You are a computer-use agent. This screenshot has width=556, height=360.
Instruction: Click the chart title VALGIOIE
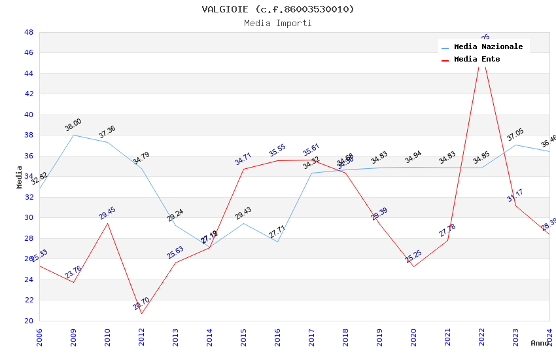(278, 9)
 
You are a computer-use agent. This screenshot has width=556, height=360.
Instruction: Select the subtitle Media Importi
(278, 24)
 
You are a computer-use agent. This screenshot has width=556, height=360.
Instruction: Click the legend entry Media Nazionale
(488, 47)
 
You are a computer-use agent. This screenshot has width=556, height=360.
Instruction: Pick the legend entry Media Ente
(477, 60)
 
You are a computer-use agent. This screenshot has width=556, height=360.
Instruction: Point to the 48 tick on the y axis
(29, 32)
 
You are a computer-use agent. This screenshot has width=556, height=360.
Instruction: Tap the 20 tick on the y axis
(29, 321)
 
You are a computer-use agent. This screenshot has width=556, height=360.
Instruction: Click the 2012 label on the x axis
(142, 336)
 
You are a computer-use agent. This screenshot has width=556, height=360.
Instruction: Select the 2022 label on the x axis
(482, 336)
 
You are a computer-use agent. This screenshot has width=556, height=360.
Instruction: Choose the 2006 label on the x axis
(40, 336)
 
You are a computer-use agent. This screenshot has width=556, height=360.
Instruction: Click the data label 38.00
(73, 125)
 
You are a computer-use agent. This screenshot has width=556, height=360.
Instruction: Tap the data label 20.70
(141, 304)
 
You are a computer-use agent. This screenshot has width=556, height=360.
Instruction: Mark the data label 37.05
(515, 135)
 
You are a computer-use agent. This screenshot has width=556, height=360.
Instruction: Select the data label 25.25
(413, 257)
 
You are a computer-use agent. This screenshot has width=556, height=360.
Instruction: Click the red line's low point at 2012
(141, 314)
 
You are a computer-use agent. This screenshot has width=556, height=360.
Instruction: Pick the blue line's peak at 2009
(73, 135)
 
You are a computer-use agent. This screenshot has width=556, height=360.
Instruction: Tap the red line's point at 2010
(107, 223)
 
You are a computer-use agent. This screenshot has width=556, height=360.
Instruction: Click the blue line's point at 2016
(277, 242)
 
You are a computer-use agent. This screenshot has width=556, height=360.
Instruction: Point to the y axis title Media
(20, 177)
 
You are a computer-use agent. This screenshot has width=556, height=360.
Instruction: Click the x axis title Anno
(540, 343)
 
